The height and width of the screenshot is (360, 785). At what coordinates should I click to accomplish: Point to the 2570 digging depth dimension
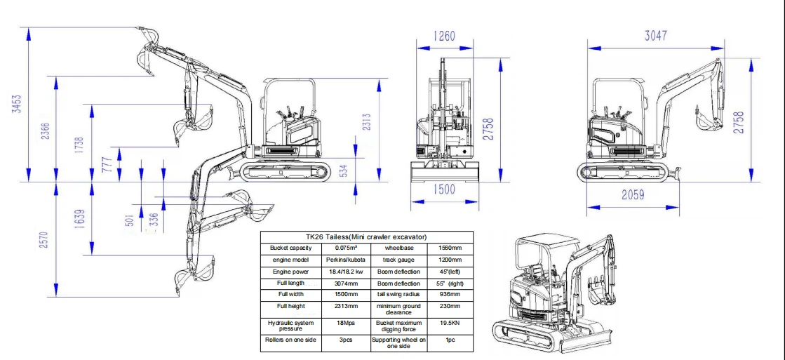pyautogui.click(x=46, y=240)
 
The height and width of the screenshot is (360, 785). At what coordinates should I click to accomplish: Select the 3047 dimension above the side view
pyautogui.click(x=655, y=36)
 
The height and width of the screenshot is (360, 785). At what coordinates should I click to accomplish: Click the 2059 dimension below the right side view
pyautogui.click(x=633, y=195)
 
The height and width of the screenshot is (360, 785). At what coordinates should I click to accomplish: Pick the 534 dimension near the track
pyautogui.click(x=344, y=170)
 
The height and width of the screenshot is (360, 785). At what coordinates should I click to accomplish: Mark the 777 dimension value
pyautogui.click(x=107, y=164)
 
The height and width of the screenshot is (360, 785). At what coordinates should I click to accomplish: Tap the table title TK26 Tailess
pyautogui.click(x=366, y=237)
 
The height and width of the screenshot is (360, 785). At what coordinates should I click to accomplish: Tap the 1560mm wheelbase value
pyautogui.click(x=450, y=248)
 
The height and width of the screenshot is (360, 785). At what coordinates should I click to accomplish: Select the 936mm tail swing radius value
pyautogui.click(x=450, y=294)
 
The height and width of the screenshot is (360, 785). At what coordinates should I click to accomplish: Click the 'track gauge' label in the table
pyautogui.click(x=398, y=260)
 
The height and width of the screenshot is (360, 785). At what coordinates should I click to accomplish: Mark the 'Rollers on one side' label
pyautogui.click(x=290, y=340)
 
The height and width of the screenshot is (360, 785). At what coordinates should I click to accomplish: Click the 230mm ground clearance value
pyautogui.click(x=450, y=307)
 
